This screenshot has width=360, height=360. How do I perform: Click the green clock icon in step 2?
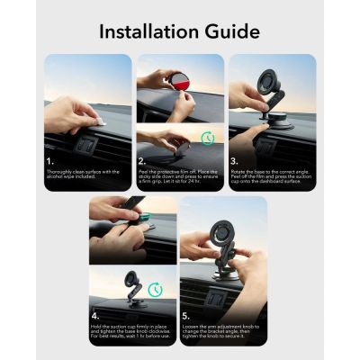point(207,138)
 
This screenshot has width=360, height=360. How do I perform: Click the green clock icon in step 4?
point(155,289)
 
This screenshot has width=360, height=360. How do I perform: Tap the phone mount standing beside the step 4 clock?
point(133,289)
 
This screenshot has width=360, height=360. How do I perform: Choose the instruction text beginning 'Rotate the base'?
point(270,179)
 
